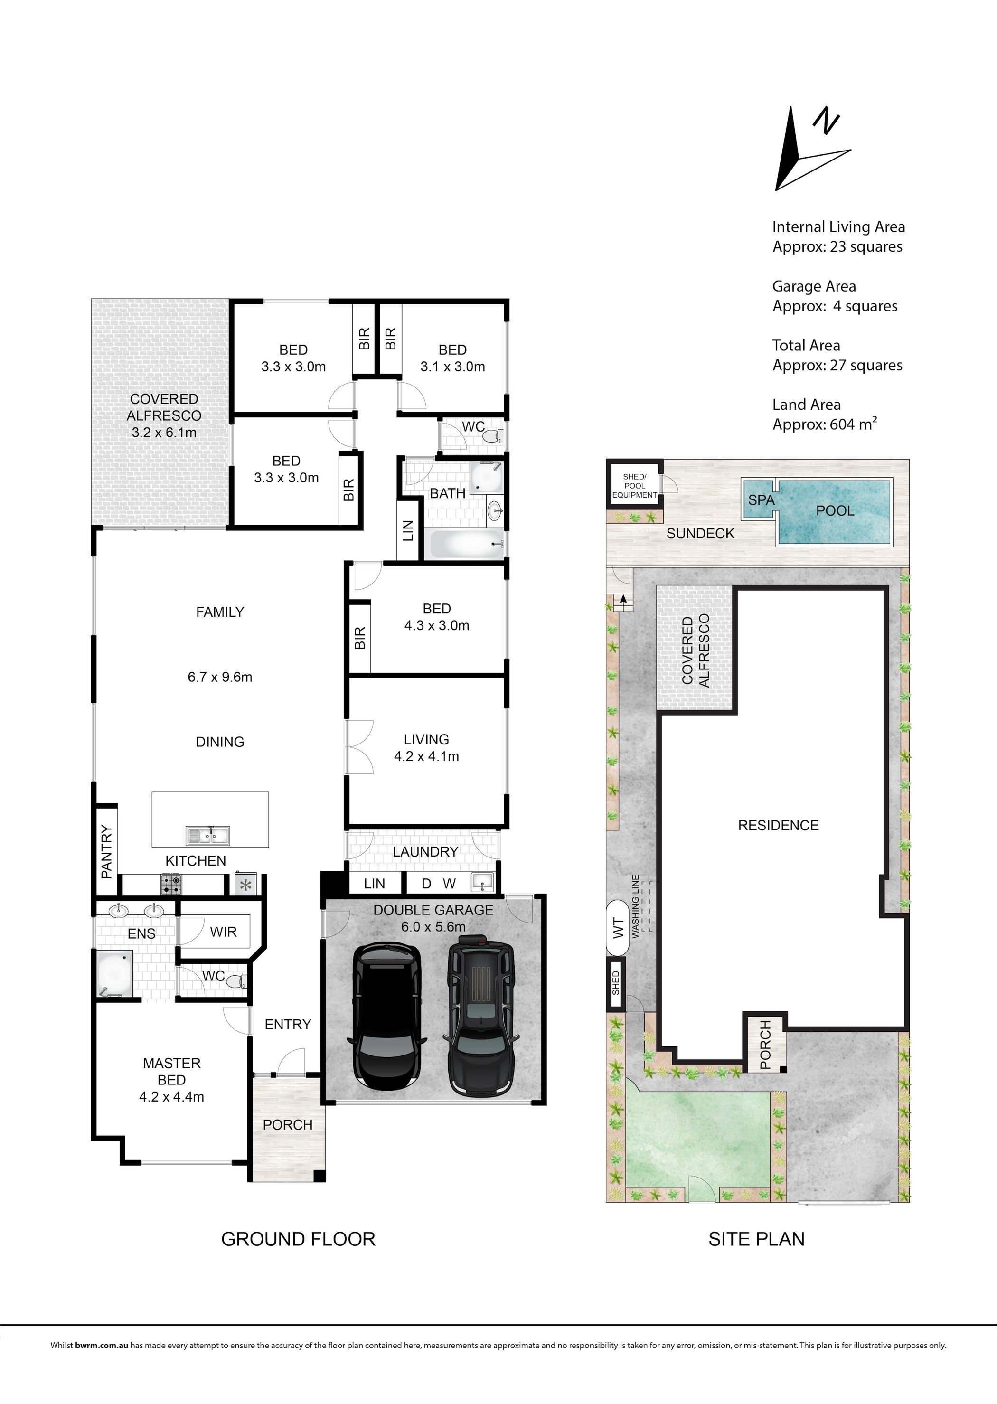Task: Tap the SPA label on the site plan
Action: [x=761, y=500]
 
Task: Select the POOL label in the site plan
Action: [x=835, y=511]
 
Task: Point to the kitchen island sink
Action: [x=208, y=836]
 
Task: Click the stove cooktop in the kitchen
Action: [x=171, y=885]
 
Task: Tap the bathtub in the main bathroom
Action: [x=467, y=544]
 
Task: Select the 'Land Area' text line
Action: [x=806, y=405]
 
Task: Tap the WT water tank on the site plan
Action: [x=618, y=928]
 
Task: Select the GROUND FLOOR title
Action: [x=298, y=1239]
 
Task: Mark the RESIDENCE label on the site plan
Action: [x=779, y=825]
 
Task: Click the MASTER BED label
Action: [x=172, y=1071]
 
